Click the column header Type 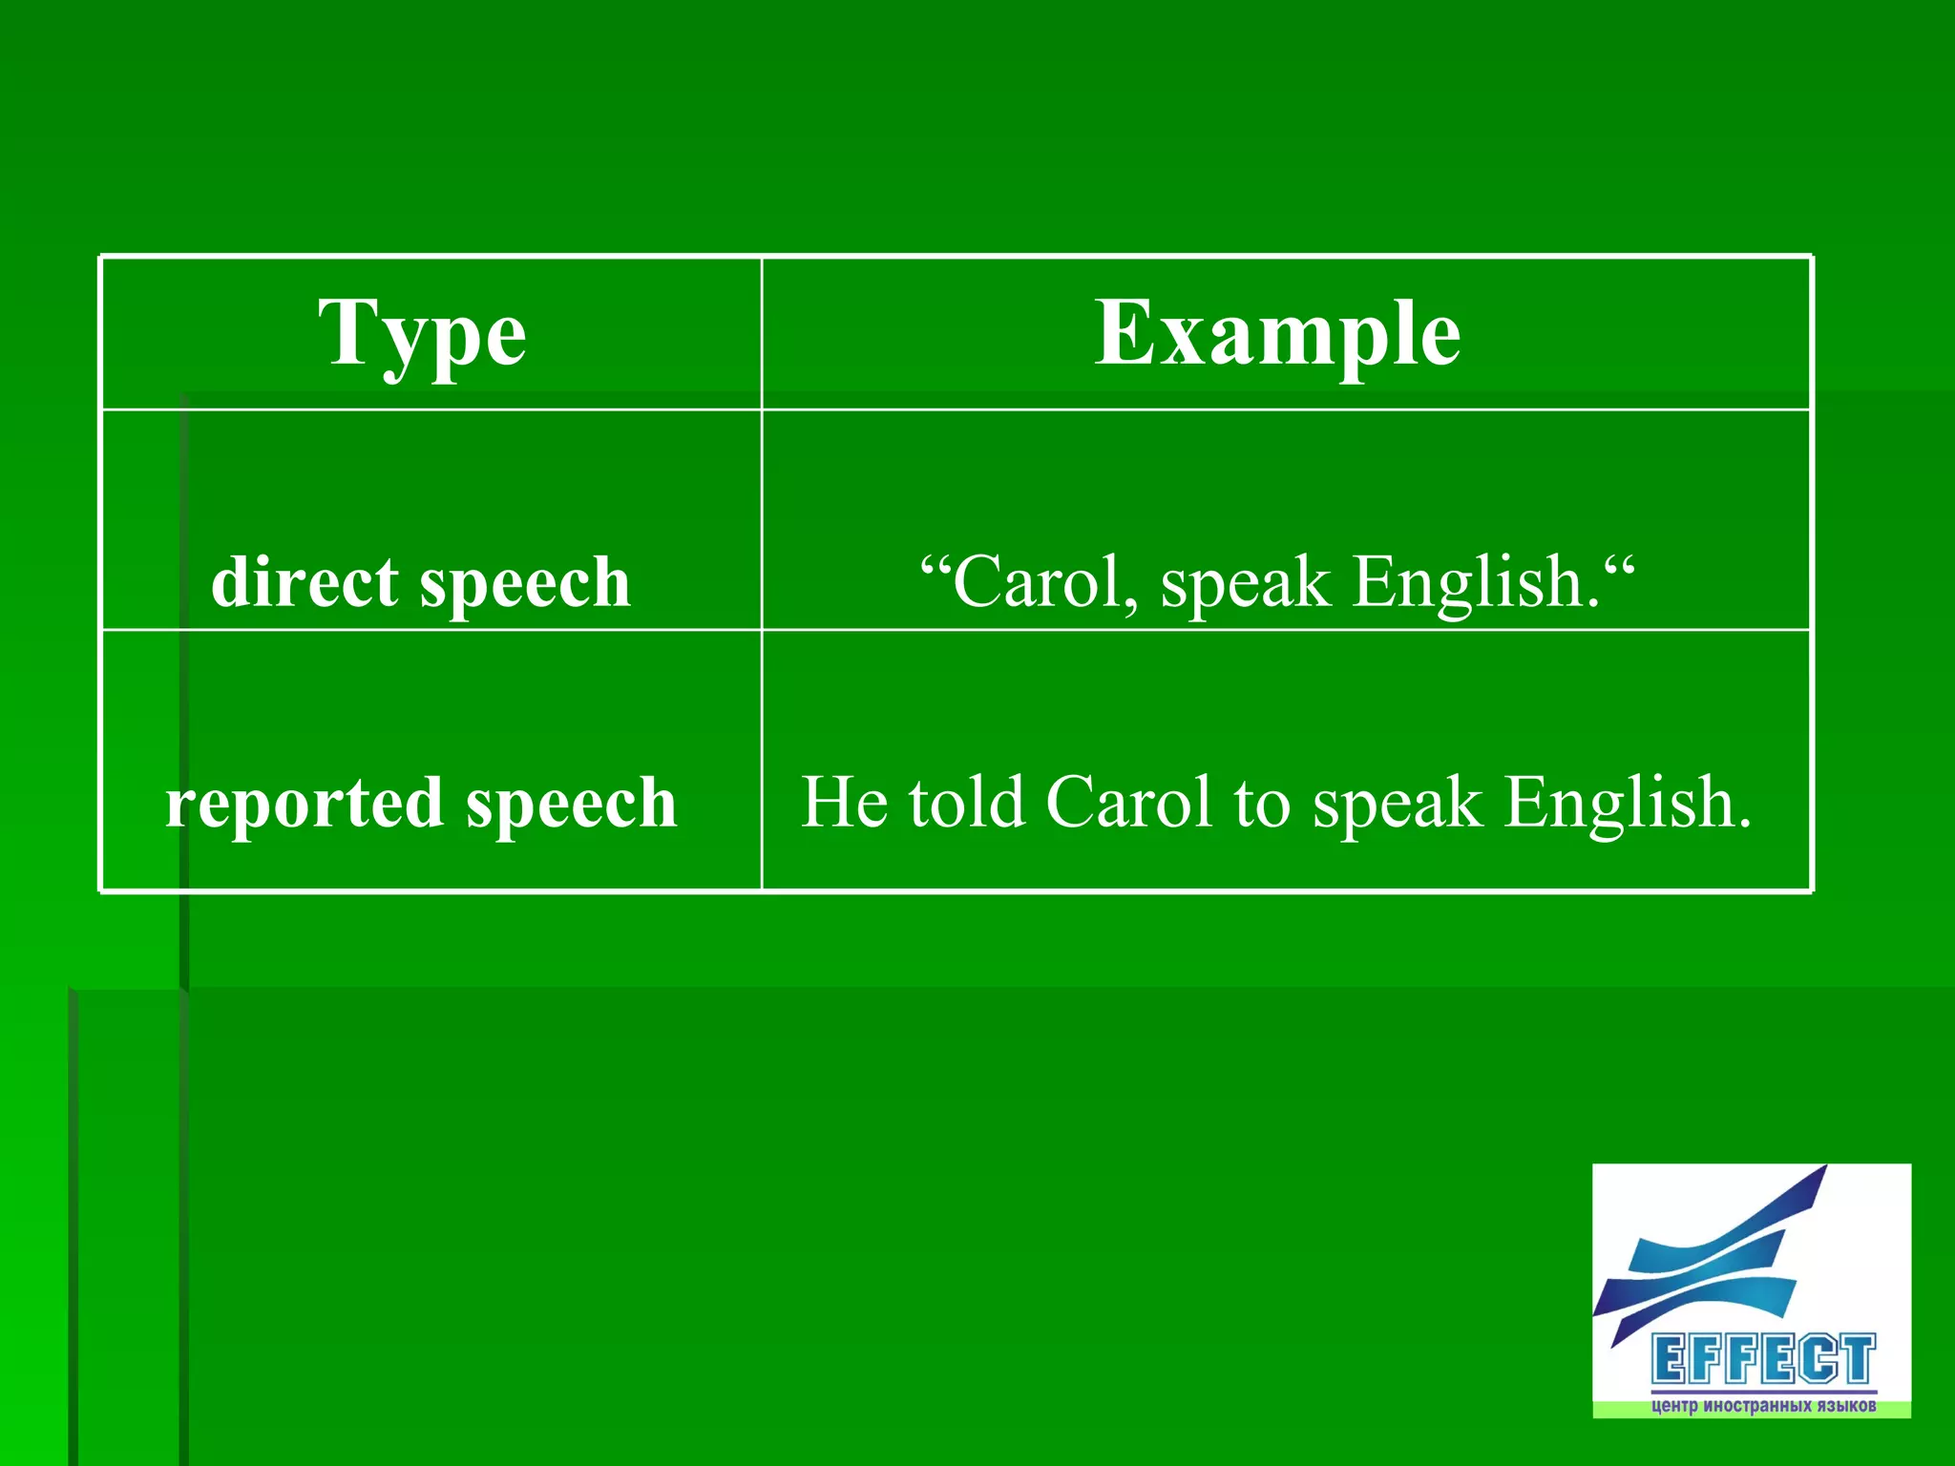[x=422, y=334]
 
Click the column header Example [x=1276, y=334]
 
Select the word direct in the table [x=305, y=581]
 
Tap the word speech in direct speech [x=525, y=583]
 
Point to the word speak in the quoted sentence [x=1244, y=583]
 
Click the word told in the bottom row [x=966, y=802]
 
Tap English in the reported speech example [x=1627, y=802]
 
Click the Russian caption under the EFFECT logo [x=1762, y=1406]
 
